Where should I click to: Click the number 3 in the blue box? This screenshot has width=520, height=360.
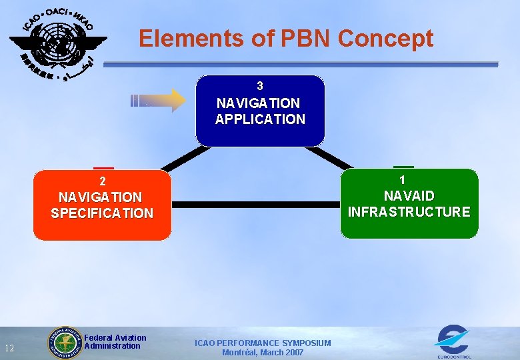point(260,86)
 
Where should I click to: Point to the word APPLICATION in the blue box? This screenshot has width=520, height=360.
point(260,120)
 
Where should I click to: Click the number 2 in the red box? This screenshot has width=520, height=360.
point(102,181)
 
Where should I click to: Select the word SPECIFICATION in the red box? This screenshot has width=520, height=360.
point(102,213)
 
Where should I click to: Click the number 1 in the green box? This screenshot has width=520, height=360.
point(402,180)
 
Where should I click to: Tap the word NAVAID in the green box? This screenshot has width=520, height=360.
point(409,196)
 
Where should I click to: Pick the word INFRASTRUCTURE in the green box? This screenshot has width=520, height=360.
point(409,212)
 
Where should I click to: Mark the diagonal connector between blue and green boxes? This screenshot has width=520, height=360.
point(331,157)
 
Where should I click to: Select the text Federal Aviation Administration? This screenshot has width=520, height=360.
point(115,342)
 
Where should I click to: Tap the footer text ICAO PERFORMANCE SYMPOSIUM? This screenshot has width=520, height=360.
point(263,343)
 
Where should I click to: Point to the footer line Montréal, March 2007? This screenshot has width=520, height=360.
point(263,353)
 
